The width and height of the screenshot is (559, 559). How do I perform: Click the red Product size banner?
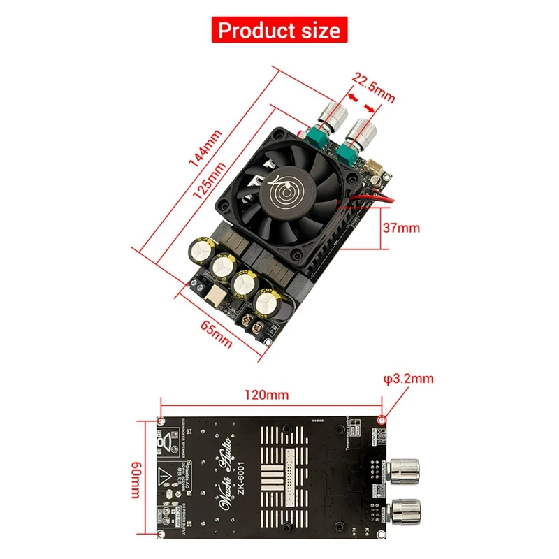click(279, 30)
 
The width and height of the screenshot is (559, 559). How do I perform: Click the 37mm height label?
click(401, 228)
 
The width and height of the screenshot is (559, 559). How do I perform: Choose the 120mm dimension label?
click(270, 395)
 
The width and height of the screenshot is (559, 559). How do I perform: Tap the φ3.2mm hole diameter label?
click(409, 379)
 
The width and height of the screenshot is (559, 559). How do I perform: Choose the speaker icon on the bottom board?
click(165, 442)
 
